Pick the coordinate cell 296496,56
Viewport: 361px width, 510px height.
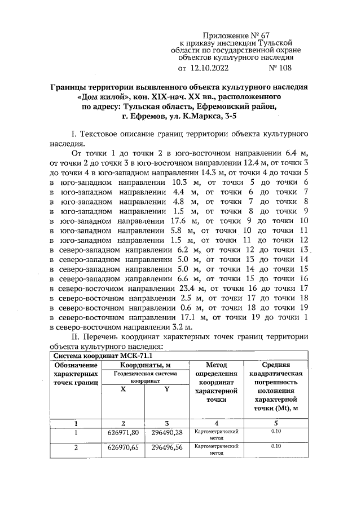point(167,449)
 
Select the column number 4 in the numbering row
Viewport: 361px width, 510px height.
point(216,423)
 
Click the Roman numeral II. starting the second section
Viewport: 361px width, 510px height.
point(72,337)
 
